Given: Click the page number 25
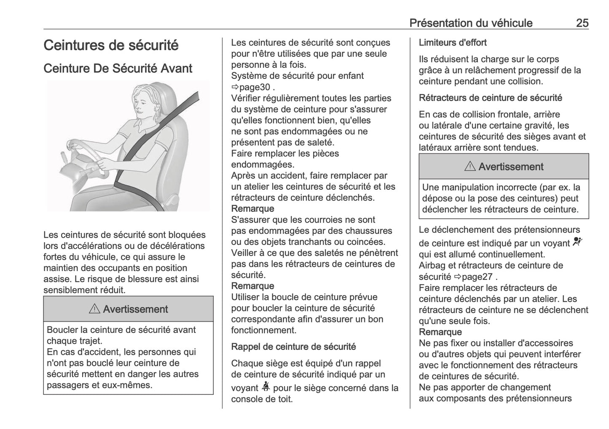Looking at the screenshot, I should point(582,23).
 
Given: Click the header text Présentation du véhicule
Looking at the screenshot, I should point(471,23).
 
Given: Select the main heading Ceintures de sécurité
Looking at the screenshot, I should point(111,46).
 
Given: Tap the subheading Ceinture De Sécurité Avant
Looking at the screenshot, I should point(118,68).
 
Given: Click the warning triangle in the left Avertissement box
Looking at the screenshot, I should point(95,309).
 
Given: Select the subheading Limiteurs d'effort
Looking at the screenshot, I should point(453,43).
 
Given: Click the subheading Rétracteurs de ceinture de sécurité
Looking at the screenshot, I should point(490,98).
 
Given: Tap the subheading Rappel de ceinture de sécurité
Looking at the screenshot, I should point(293,347).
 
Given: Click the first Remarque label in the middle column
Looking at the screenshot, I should point(252,209).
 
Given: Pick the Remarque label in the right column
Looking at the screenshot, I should point(440,332).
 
